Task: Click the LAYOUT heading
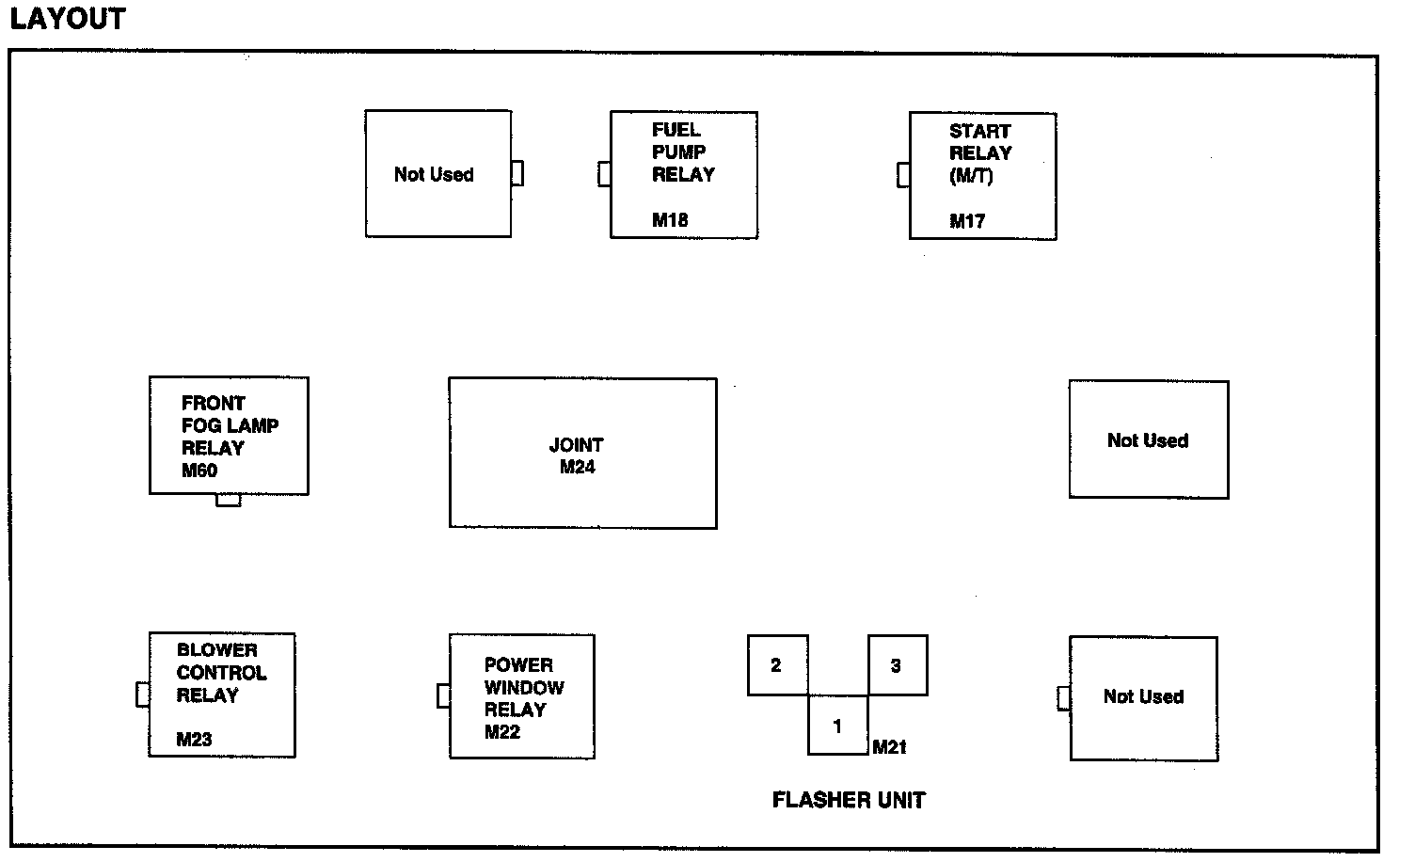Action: (67, 19)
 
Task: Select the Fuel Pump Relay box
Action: (683, 175)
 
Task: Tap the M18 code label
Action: (670, 220)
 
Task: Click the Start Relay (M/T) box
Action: (982, 176)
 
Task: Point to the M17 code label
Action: (967, 222)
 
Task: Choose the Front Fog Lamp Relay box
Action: (229, 436)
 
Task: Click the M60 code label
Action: (199, 471)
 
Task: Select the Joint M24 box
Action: (582, 454)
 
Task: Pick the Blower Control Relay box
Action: (222, 694)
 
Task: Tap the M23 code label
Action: (194, 740)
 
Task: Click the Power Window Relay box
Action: (522, 696)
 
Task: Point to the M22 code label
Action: (502, 732)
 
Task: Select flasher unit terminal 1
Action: (837, 726)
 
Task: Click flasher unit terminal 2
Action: (777, 665)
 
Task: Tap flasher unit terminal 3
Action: (897, 665)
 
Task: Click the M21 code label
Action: (889, 747)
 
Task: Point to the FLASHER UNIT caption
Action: (849, 800)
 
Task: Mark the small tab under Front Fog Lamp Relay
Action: (229, 500)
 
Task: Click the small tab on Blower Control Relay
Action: (143, 694)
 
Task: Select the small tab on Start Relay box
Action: (903, 175)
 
